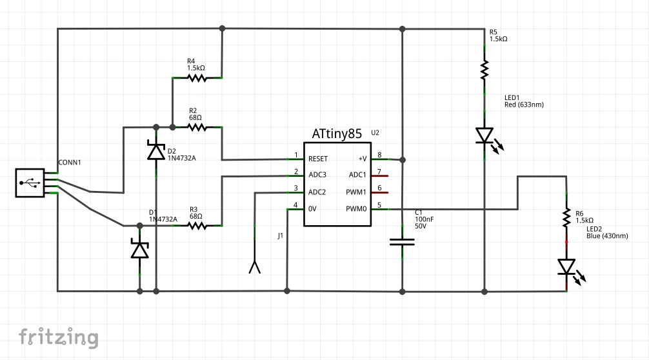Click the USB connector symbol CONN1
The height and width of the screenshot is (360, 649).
[30, 183]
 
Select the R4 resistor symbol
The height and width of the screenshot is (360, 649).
[197, 78]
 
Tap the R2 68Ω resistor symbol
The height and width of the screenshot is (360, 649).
[197, 127]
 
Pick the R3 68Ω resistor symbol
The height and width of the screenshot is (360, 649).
[197, 226]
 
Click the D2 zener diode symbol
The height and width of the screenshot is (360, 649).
[155, 150]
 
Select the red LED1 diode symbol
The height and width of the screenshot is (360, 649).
[485, 136]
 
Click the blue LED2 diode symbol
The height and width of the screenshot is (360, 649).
[566, 266]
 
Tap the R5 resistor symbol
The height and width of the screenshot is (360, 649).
[484, 70]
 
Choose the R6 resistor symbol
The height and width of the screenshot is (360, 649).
[566, 217]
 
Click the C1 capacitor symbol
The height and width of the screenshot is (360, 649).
[403, 242]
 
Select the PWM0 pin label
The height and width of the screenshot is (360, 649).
[355, 209]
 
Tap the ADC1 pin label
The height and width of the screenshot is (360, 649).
[357, 175]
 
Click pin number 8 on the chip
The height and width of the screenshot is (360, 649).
[379, 155]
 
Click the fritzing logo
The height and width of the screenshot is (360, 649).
[58, 337]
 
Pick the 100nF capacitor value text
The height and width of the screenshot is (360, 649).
[424, 219]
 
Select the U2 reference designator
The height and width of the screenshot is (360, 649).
[375, 132]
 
